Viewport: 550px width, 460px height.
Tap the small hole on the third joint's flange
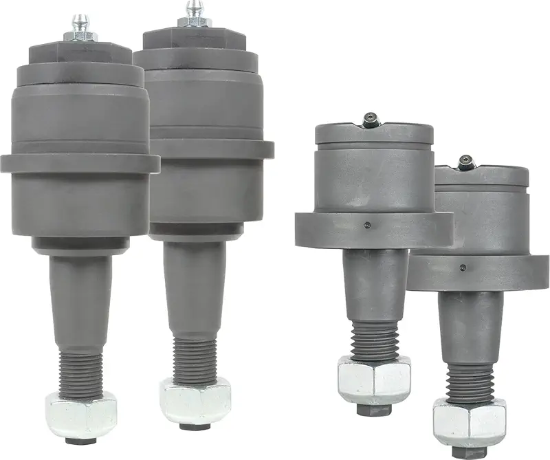368,225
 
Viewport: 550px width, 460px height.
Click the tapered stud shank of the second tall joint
194,282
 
